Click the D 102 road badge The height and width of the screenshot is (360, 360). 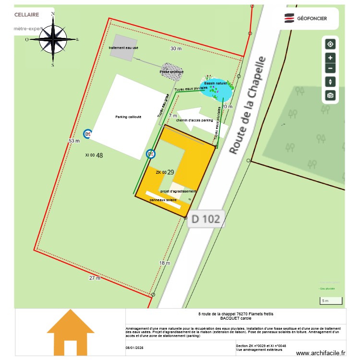coord(205,219)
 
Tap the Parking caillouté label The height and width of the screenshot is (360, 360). coord(128,117)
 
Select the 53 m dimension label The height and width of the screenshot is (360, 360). coord(74,141)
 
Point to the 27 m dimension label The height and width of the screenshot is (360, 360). coord(95,278)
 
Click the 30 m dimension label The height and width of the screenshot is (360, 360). coord(176,49)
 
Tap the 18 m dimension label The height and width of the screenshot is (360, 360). coord(165,263)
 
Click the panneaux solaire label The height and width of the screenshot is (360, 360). coord(163,200)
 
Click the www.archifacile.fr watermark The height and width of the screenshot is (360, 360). coord(321,353)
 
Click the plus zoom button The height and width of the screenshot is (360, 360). coord(330,58)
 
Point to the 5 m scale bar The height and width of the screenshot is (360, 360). coord(331,301)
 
